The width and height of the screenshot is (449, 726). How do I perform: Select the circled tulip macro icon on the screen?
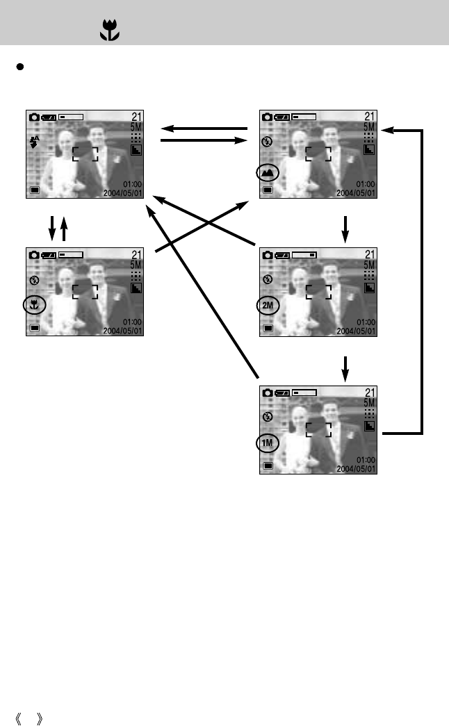[33, 304]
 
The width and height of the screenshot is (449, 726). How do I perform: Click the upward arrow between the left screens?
[64, 227]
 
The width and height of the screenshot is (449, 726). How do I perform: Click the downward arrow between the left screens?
[51, 227]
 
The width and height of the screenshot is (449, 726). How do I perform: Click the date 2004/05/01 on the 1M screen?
[356, 469]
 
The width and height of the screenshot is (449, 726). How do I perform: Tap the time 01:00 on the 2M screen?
[365, 322]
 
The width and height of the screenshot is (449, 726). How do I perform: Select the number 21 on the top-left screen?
[136, 117]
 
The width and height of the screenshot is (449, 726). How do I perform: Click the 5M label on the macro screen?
[136, 265]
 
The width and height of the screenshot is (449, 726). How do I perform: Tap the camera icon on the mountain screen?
[266, 117]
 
